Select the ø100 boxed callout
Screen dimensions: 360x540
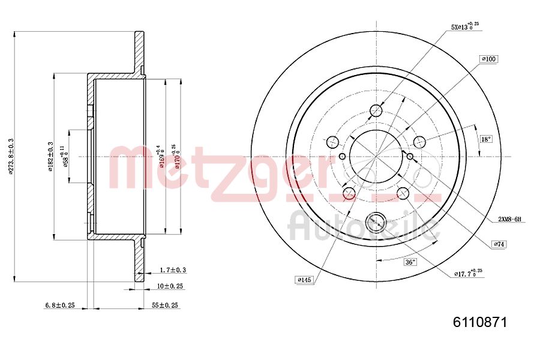tap(489, 59)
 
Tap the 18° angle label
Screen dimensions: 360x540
tap(485, 139)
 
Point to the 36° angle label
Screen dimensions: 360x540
tap(410, 262)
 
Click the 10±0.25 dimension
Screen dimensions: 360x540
tap(170, 286)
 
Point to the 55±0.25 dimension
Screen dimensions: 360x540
tap(165, 305)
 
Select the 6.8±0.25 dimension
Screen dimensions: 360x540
tap(59, 305)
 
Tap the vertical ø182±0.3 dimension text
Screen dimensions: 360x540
tap(52, 156)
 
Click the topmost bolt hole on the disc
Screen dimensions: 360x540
tap(376, 110)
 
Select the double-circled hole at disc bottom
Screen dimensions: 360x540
tap(376, 222)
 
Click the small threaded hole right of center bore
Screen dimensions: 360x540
tap(410, 157)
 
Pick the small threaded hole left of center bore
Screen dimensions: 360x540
tap(342, 157)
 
